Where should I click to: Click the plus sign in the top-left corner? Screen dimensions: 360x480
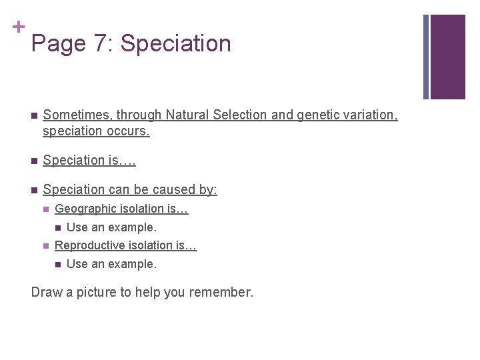coord(18,27)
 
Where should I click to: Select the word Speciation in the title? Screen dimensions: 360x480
coord(175,44)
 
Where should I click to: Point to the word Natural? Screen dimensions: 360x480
coord(188,115)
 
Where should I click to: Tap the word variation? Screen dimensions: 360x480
coord(371,115)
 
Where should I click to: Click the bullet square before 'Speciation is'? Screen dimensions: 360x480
coord(33,161)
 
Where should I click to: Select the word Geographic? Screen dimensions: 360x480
coord(84,209)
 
